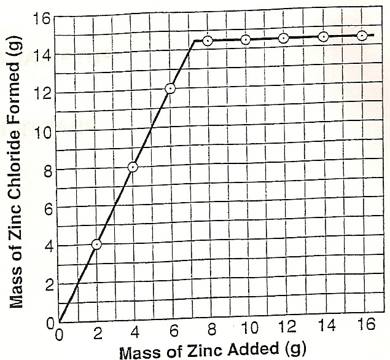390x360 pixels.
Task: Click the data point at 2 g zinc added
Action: (x=96, y=245)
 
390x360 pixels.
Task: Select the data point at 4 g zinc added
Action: (x=133, y=167)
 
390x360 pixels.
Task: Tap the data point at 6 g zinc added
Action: (x=170, y=88)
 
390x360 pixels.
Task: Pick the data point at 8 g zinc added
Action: (x=208, y=41)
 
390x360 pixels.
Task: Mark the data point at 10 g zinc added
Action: (x=246, y=40)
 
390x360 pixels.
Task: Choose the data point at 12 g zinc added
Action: (x=283, y=39)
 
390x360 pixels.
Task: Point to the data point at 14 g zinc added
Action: (x=324, y=37)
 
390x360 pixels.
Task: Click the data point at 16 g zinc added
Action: (x=362, y=36)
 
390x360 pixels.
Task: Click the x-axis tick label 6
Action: (x=174, y=333)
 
